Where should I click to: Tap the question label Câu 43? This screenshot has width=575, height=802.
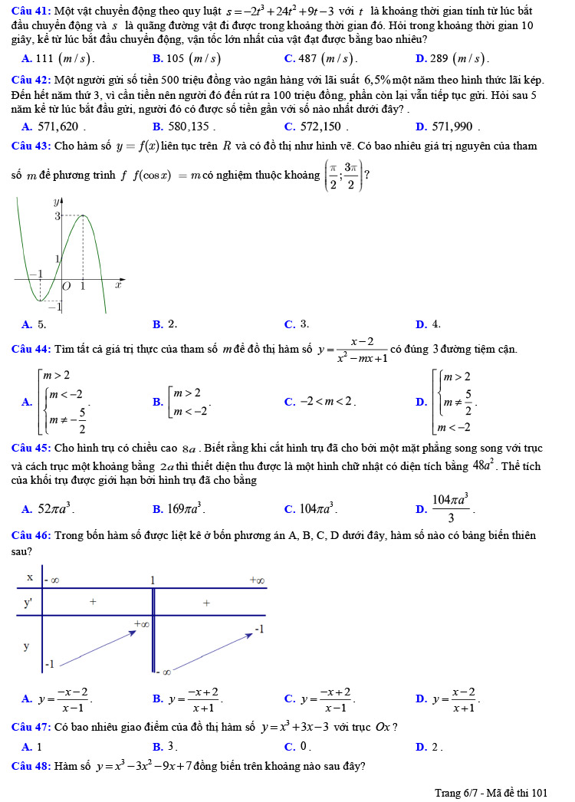pyautogui.click(x=29, y=146)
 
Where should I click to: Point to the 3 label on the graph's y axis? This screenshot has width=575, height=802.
pyautogui.click(x=56, y=217)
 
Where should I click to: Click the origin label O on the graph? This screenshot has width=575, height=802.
pyautogui.click(x=67, y=286)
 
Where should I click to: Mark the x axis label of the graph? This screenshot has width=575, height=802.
pyautogui.click(x=118, y=285)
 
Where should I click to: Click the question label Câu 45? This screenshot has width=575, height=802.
pyautogui.click(x=29, y=448)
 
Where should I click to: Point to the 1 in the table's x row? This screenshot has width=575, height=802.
pyautogui.click(x=153, y=580)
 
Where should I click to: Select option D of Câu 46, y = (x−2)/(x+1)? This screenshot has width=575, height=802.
pyautogui.click(x=455, y=698)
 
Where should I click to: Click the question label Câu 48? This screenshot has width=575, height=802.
pyautogui.click(x=29, y=765)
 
